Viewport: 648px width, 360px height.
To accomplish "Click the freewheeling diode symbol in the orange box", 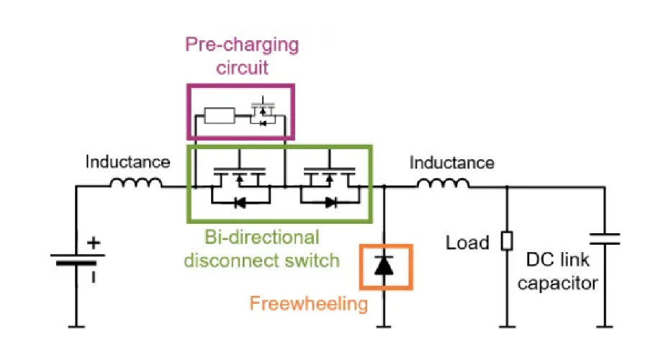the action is click(384, 266).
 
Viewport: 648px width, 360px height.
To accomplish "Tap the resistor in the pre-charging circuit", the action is click(220, 116).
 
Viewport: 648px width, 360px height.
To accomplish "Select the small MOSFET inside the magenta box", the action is click(263, 112).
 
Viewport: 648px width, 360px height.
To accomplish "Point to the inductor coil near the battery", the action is click(136, 183).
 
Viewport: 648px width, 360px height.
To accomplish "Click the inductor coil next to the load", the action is click(443, 183).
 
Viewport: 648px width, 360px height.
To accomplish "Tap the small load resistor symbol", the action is click(507, 241).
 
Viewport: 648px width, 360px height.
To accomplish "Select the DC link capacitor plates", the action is click(605, 239).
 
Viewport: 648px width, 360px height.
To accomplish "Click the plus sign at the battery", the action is click(94, 243).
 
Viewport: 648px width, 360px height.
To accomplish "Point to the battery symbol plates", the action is click(77, 259).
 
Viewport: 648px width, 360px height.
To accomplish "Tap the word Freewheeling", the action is click(309, 304).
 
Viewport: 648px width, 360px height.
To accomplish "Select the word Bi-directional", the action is click(262, 238).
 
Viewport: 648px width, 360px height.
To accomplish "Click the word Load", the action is click(467, 243).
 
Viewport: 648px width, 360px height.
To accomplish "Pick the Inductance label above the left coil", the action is click(127, 161).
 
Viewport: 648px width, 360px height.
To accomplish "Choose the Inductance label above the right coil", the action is click(451, 163).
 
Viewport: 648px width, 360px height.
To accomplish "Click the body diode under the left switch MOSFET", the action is click(240, 202).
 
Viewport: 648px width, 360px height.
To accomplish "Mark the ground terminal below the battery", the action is click(76, 327).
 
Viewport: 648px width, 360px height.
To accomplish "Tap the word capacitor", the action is click(557, 284).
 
